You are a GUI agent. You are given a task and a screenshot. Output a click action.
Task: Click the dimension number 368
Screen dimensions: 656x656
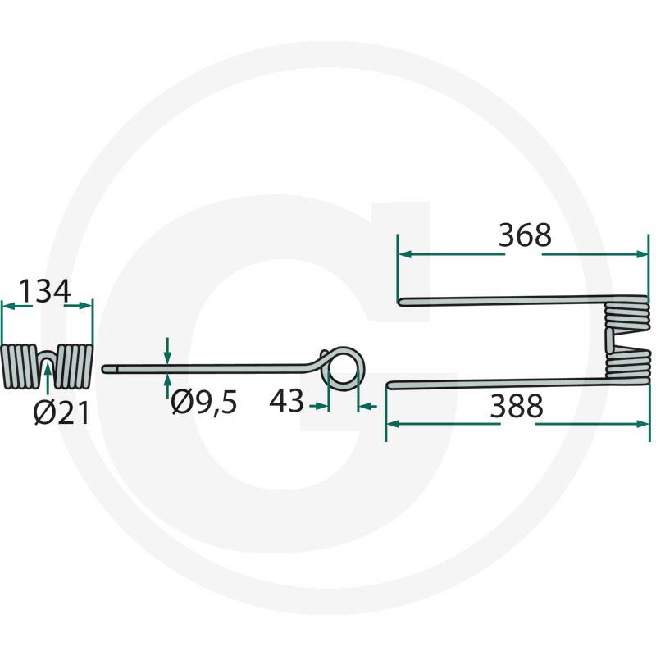point(525,235)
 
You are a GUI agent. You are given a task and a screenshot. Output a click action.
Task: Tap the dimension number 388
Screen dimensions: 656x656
point(517,406)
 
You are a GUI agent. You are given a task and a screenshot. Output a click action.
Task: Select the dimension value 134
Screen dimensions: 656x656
point(45,292)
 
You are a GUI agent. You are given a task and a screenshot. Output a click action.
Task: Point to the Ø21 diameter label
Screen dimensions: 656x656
point(61,413)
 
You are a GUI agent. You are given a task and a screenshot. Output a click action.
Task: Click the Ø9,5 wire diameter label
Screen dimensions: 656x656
point(203,402)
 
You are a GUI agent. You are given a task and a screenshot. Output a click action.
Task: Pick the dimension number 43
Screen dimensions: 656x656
point(286,401)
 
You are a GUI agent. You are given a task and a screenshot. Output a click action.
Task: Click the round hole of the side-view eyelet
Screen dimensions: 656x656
point(344,368)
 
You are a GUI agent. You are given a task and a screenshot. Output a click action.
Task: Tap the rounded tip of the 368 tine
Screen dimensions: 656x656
point(400,301)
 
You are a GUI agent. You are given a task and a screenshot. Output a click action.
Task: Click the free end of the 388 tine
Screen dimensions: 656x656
point(389,385)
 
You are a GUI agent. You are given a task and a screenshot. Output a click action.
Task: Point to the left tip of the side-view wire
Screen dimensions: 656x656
point(105,369)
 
